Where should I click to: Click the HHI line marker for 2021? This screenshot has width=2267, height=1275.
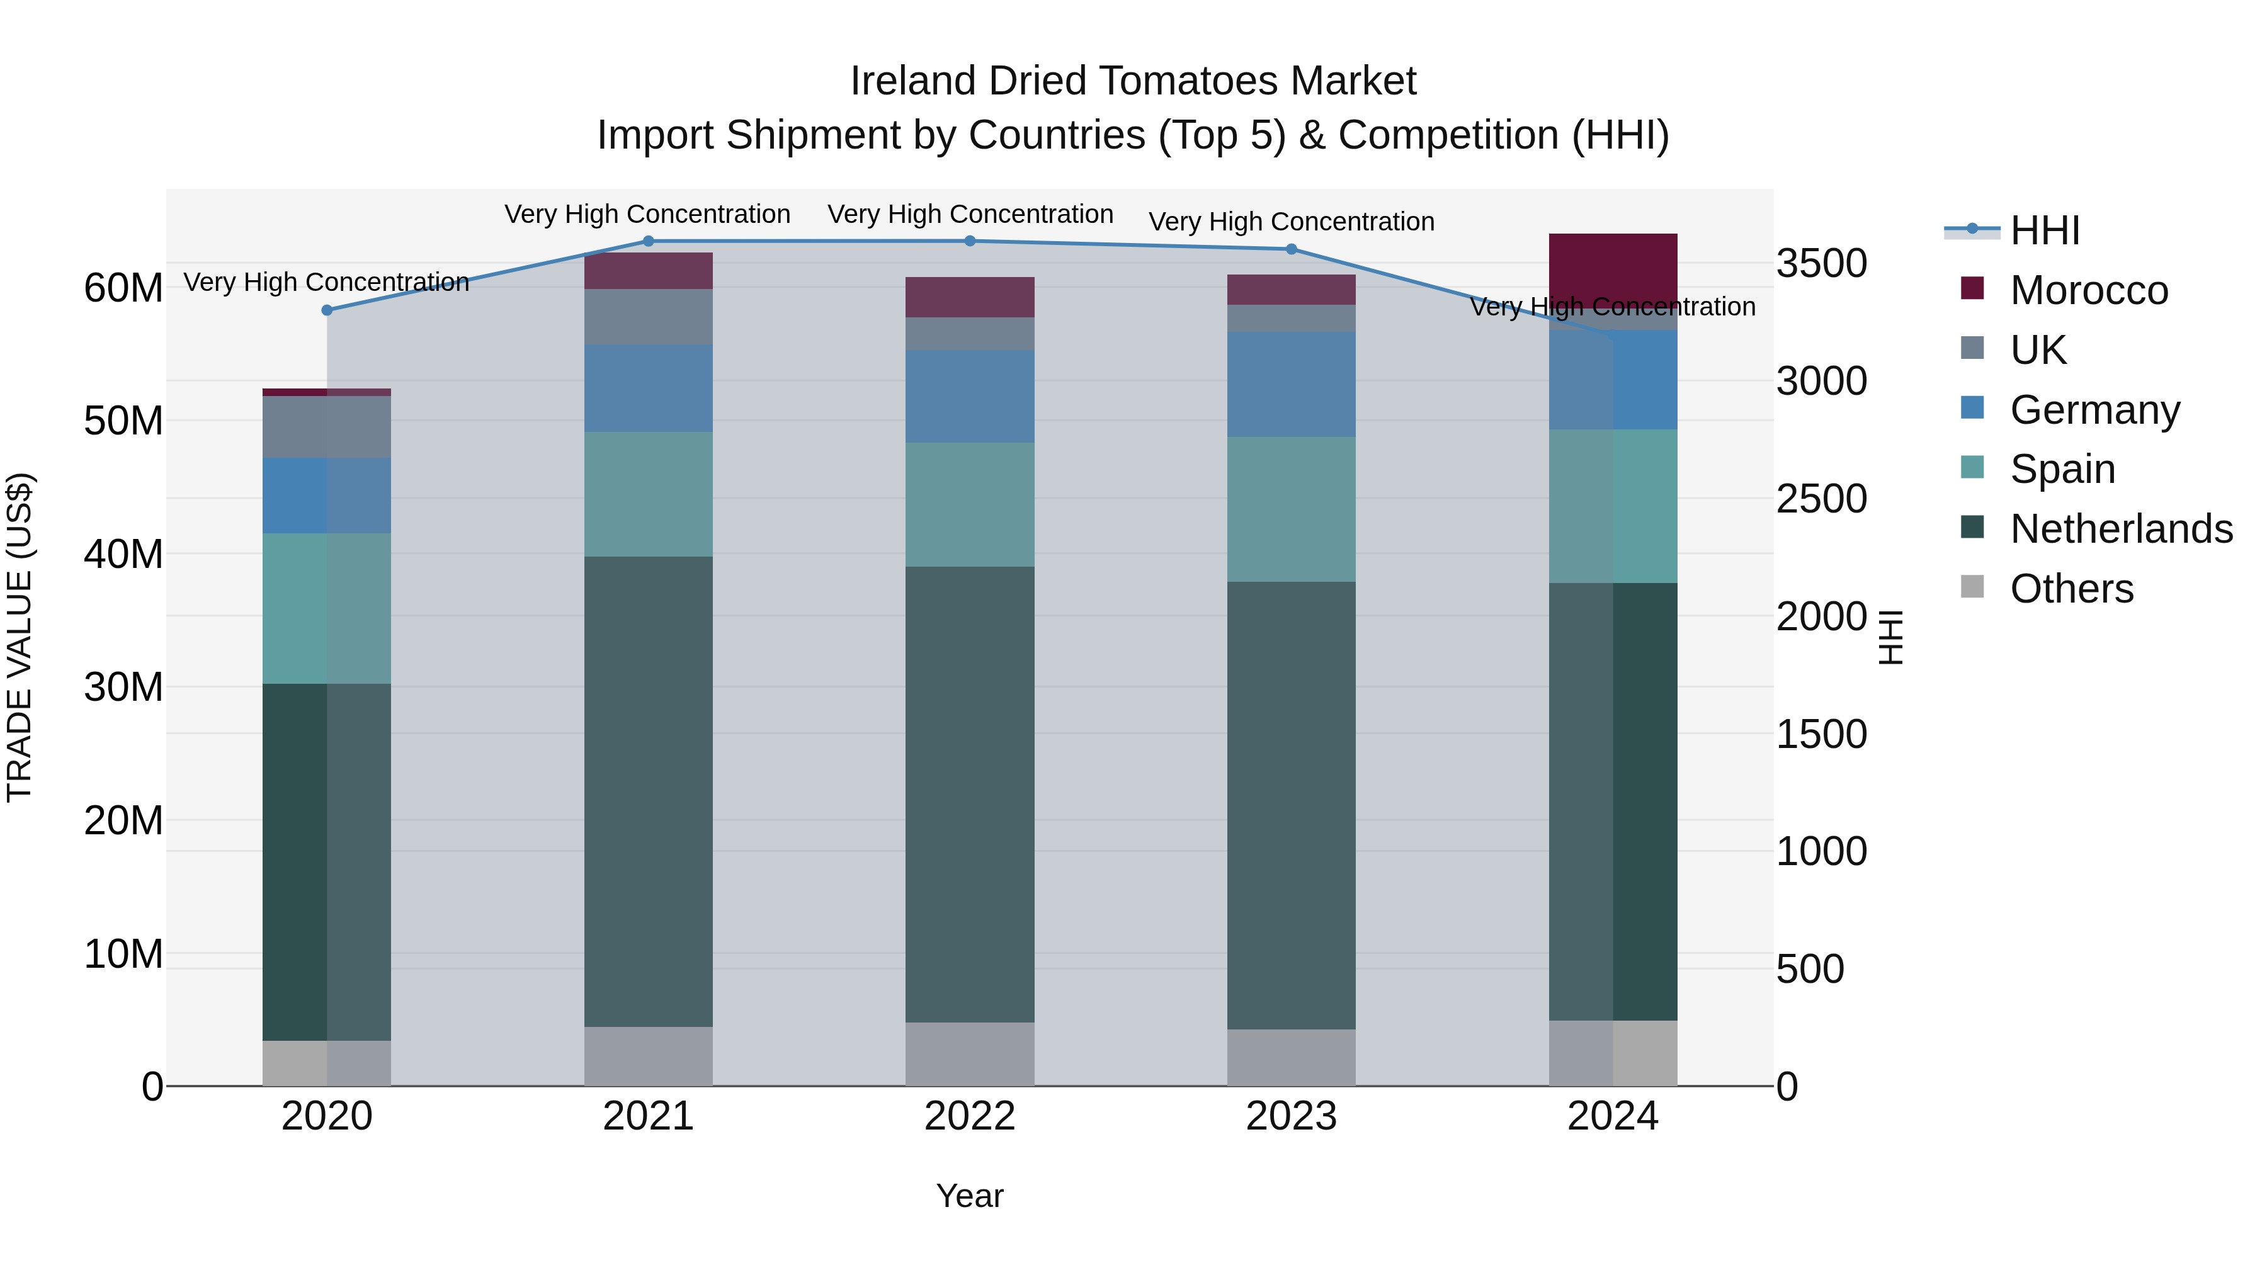pos(649,241)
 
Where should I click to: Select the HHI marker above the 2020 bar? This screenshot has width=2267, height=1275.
pos(327,310)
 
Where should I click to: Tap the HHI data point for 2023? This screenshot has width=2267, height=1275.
pos(1291,249)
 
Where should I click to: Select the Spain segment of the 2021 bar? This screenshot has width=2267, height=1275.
pos(649,494)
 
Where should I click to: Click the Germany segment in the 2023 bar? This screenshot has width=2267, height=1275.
pos(1291,385)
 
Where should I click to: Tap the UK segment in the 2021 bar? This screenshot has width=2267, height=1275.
pos(649,316)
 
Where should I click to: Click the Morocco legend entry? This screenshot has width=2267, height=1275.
pos(2088,290)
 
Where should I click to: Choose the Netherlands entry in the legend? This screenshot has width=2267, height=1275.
pos(2121,529)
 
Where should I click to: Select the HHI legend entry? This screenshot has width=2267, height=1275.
pos(2044,230)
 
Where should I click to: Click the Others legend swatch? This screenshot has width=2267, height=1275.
pos(1972,587)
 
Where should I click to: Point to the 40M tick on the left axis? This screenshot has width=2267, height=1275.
pos(123,554)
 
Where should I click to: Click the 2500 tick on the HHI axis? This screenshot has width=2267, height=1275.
pos(1821,499)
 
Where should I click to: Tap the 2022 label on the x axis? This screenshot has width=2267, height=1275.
pos(970,1116)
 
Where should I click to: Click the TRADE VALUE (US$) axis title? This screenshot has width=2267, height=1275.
pos(20,637)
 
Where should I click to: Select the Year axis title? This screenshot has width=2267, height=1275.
pos(970,1196)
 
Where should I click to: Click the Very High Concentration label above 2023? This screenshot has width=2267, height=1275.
pos(1291,222)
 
